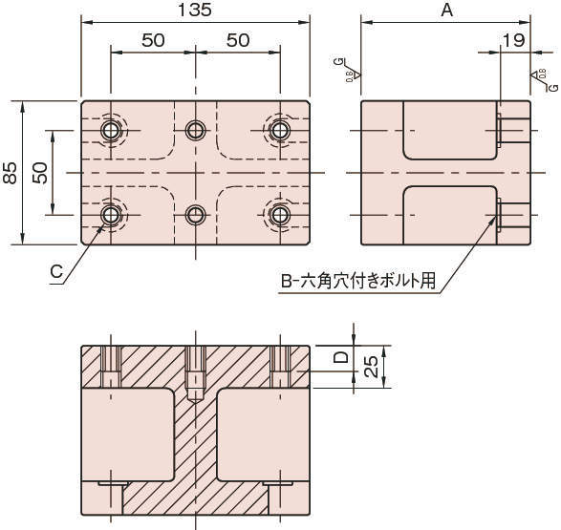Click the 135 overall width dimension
(195, 11)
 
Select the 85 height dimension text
(11, 172)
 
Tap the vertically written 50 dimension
(40, 172)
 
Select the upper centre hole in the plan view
(196, 130)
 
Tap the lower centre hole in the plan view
(196, 213)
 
